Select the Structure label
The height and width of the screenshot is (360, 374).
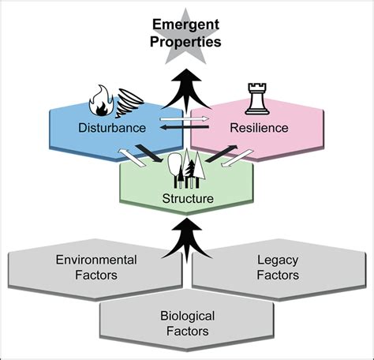pos(187,198)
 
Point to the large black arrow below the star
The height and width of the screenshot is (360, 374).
pos(187,89)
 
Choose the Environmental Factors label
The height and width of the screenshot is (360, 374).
pos(96,267)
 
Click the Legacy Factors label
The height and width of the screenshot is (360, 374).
pos(278,267)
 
